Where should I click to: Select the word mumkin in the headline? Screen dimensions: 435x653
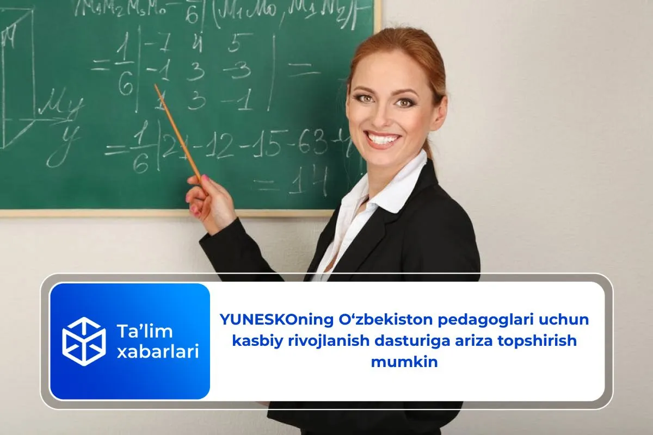point(404,362)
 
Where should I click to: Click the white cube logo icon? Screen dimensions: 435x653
point(84,341)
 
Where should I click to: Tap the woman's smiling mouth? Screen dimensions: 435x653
point(383,139)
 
